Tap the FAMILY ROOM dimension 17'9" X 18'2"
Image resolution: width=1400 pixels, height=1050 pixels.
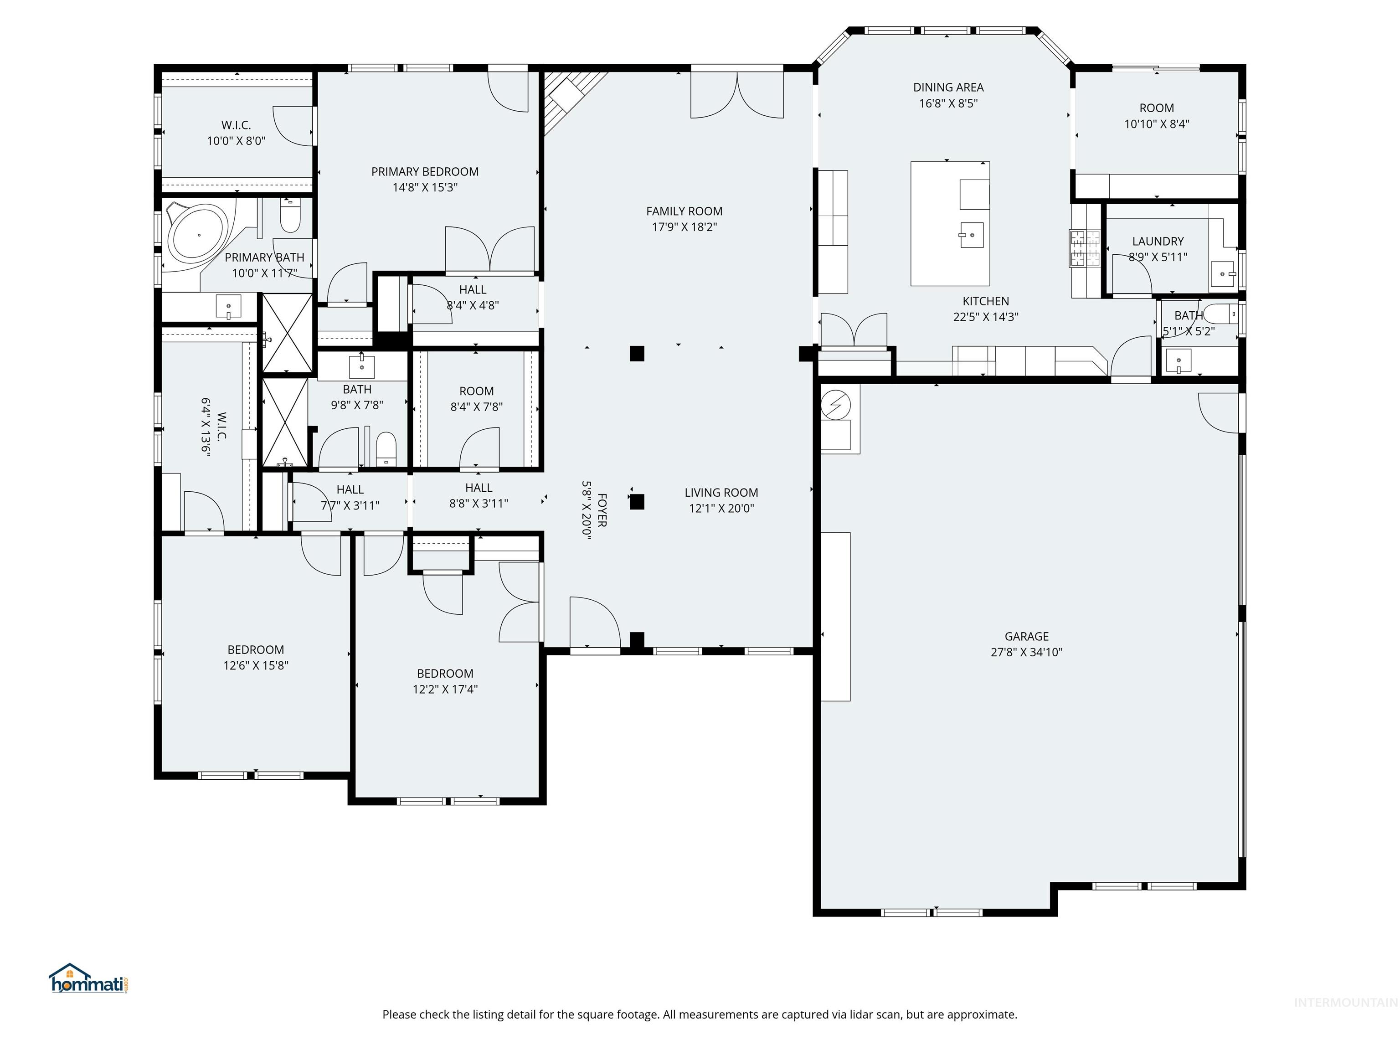pyautogui.click(x=684, y=226)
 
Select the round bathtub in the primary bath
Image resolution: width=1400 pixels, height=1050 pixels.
pyautogui.click(x=198, y=234)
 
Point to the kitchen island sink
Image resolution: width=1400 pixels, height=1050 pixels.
pyautogui.click(x=971, y=235)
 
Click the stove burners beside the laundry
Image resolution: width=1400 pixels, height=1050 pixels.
pyautogui.click(x=1085, y=247)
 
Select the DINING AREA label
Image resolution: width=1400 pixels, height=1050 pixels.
pyautogui.click(x=947, y=87)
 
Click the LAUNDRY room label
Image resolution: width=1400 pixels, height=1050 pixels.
pyautogui.click(x=1158, y=241)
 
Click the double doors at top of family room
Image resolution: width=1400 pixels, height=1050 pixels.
pyautogui.click(x=737, y=95)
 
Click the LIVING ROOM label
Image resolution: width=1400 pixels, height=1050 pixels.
pyautogui.click(x=721, y=492)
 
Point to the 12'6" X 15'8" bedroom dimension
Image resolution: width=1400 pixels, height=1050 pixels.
pyautogui.click(x=256, y=665)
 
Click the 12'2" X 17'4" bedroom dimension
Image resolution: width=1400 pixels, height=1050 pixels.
pyautogui.click(x=445, y=689)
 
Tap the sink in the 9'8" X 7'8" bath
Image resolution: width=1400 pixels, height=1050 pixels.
pyautogui.click(x=361, y=366)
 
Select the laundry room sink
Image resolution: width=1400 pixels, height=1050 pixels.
pyautogui.click(x=1223, y=274)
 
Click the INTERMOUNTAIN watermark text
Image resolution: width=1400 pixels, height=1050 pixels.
pyautogui.click(x=1344, y=1002)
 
